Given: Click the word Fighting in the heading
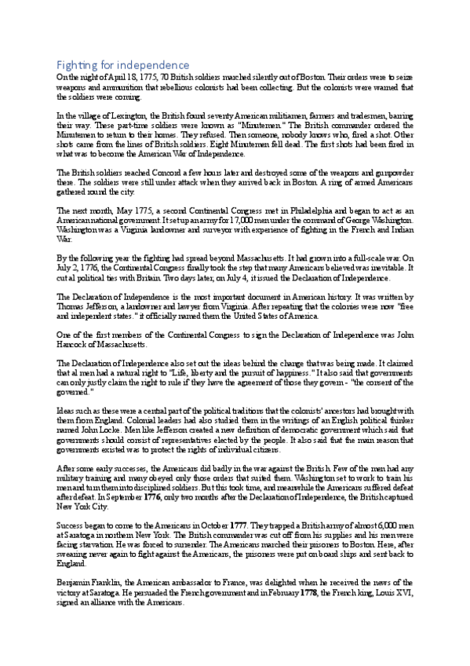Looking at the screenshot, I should pyautogui.click(x=75, y=64).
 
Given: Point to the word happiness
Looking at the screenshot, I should pyautogui.click(x=307, y=373).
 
